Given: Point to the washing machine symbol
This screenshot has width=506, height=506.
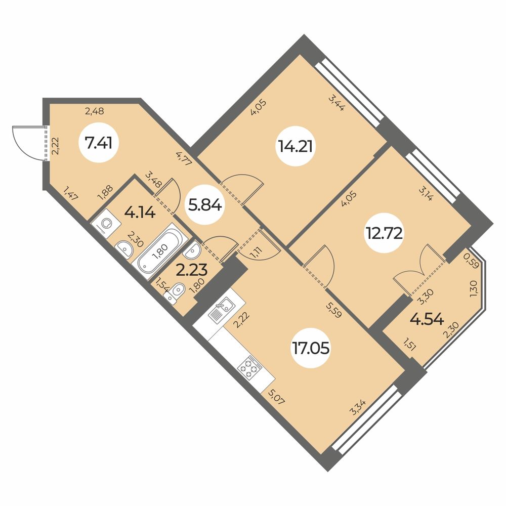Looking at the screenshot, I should [x=107, y=223].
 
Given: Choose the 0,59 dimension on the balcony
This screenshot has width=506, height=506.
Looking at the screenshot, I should [x=471, y=262].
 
